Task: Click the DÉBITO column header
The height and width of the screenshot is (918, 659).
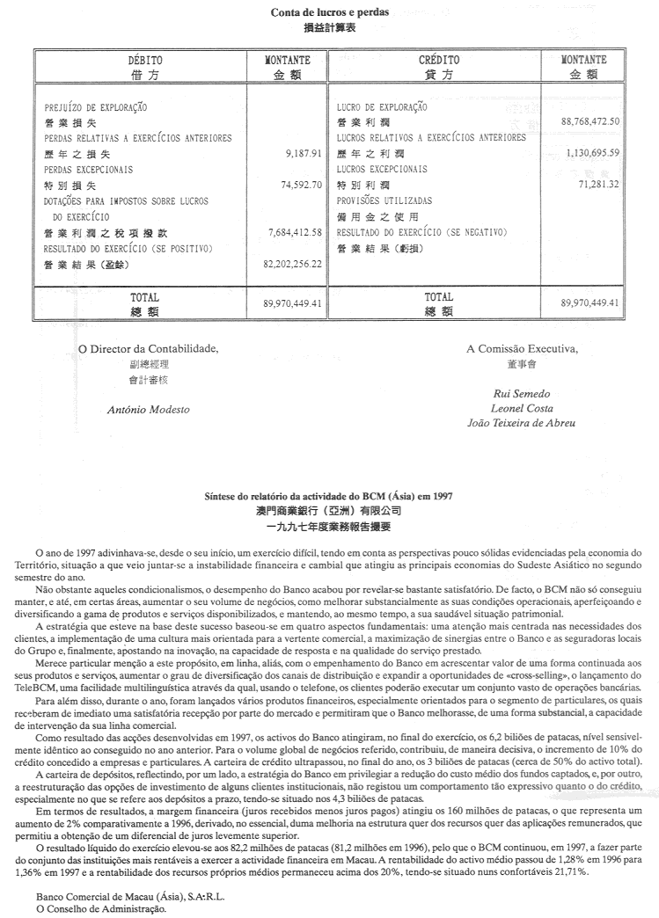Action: pos(145,61)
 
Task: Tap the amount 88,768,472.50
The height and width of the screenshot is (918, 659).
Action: pos(589,121)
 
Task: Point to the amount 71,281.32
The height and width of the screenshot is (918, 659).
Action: pos(599,185)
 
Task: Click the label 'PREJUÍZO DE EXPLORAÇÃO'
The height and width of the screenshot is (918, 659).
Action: pos(96,107)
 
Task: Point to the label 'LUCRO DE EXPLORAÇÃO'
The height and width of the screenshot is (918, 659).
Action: pos(382,107)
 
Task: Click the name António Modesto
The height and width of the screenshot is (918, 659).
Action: pos(148,409)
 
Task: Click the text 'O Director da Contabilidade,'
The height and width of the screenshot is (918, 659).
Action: pos(148,348)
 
